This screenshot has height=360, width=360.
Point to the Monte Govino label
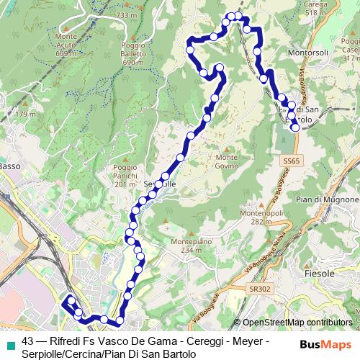(226, 162)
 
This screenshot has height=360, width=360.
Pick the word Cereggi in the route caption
(202, 341)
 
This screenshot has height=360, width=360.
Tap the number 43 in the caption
(29, 341)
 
